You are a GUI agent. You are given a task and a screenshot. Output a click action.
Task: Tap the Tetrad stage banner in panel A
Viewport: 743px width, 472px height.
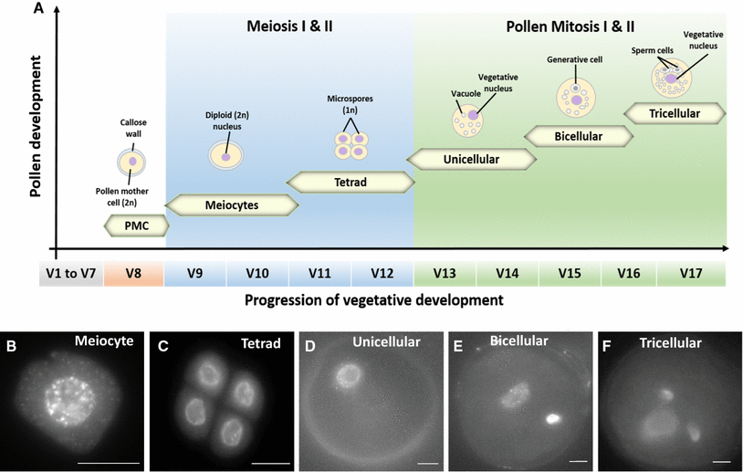(349, 182)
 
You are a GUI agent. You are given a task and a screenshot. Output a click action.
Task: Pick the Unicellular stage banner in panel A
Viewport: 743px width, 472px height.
(469, 159)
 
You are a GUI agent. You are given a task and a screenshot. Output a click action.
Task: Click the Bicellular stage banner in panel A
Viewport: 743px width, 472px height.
(580, 136)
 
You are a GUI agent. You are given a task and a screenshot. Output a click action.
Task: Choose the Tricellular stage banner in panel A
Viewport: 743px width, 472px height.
(674, 112)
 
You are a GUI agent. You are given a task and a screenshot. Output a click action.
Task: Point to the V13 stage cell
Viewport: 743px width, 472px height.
(445, 273)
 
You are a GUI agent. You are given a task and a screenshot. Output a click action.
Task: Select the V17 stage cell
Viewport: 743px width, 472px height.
(693, 273)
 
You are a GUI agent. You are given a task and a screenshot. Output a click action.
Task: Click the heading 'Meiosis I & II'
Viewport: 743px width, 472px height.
(290, 26)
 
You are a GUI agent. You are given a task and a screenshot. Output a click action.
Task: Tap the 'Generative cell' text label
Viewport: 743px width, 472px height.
(576, 60)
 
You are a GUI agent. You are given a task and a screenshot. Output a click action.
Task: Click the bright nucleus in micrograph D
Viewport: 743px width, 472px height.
(348, 375)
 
